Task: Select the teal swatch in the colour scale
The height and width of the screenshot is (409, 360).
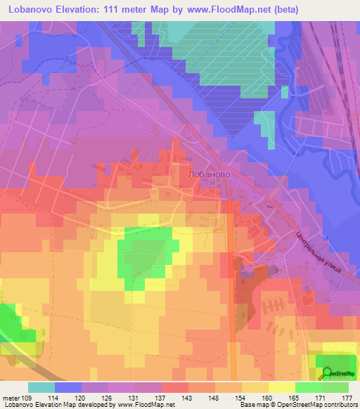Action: [41, 387]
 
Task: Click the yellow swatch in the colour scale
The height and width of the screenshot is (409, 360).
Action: [281, 387]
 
